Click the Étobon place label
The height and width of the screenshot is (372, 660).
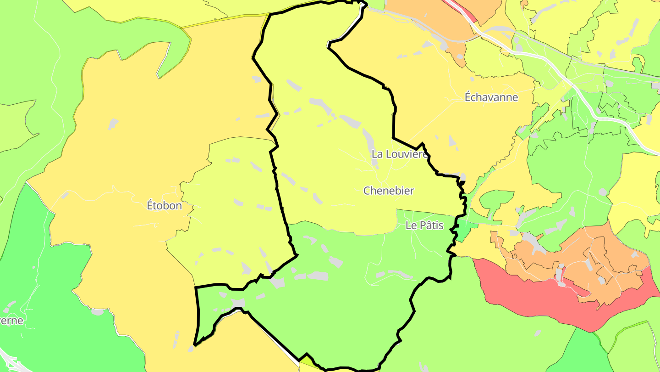click(x=164, y=205)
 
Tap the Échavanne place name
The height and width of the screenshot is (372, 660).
click(x=491, y=97)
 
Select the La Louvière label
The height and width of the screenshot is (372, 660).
click(x=399, y=154)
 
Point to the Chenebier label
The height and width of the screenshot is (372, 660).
click(x=389, y=191)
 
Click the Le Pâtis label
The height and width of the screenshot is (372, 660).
click(x=424, y=225)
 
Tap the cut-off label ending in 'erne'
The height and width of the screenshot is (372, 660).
click(x=11, y=321)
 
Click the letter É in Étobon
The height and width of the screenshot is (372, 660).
click(x=150, y=205)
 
